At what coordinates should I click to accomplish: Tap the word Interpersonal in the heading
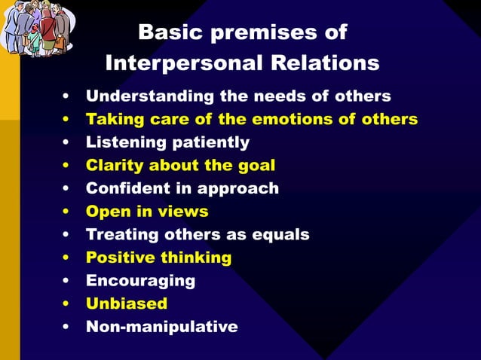click(181, 63)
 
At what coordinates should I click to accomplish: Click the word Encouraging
click(140, 281)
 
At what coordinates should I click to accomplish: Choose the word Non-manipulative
click(162, 327)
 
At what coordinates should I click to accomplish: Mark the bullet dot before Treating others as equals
click(68, 235)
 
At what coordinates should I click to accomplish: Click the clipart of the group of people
click(37, 29)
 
